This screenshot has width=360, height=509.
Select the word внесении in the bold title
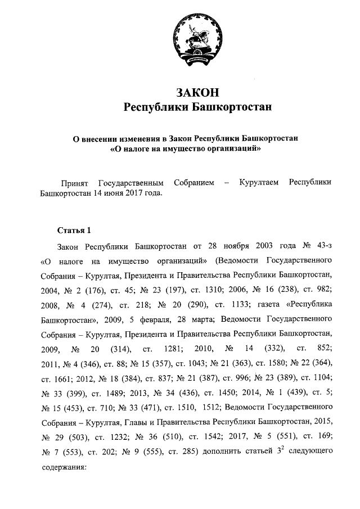point(106,138)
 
